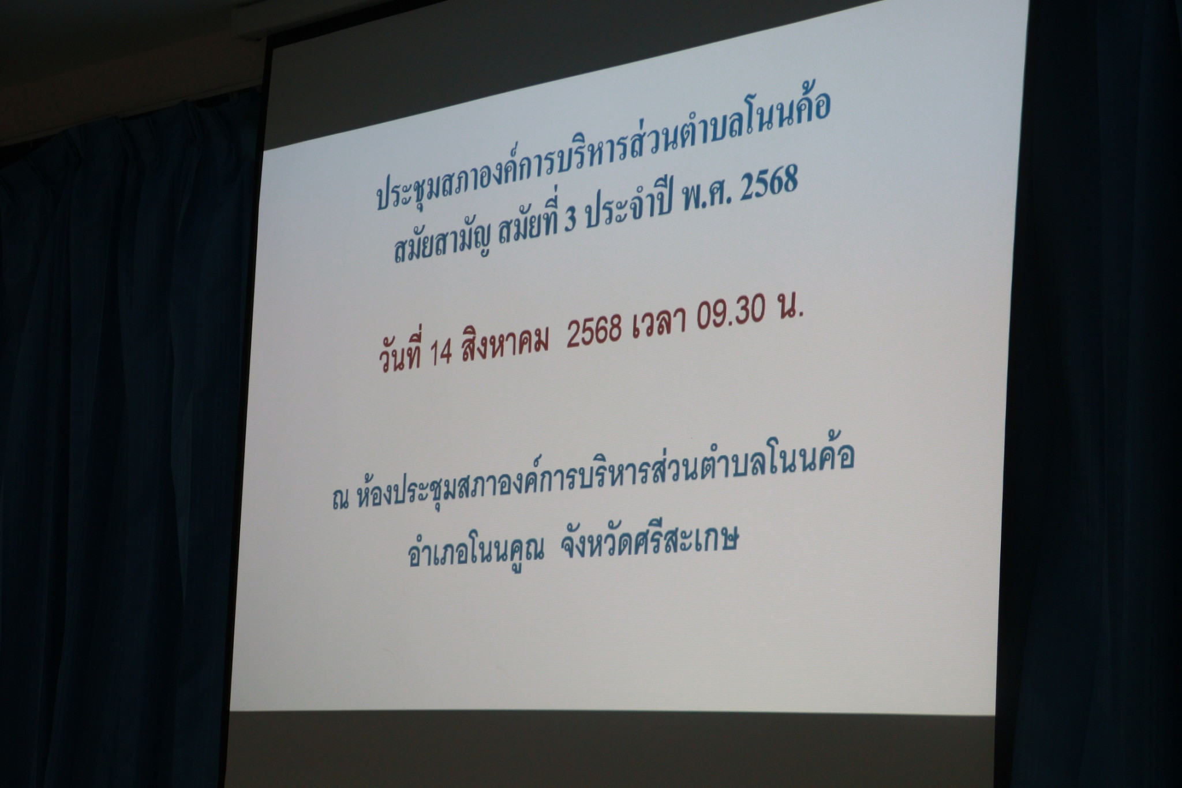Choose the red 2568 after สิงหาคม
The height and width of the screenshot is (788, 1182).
[x=594, y=332]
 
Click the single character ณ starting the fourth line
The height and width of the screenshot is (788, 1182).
[x=341, y=500]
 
